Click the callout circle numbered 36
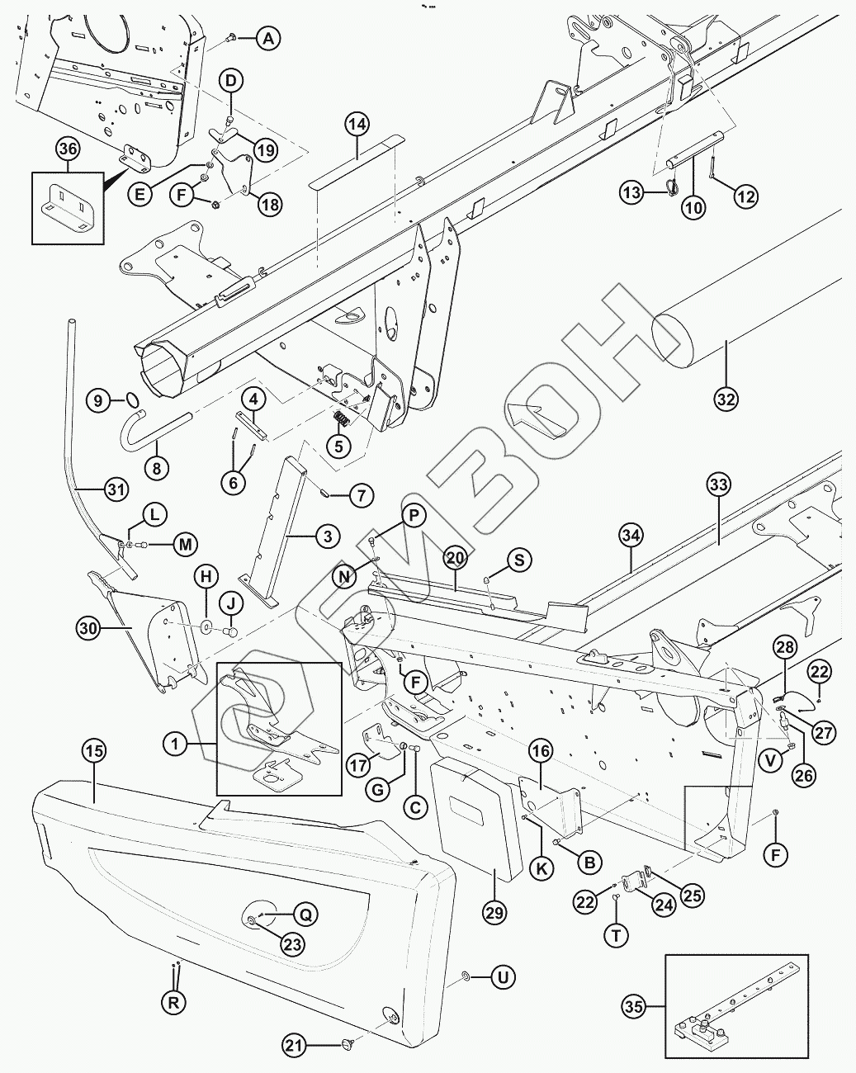69,149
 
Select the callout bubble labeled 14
356,125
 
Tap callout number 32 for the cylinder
726,398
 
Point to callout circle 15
94,751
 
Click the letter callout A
267,37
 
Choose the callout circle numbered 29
495,911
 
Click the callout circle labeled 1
175,744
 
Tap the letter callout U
502,977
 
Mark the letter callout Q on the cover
305,914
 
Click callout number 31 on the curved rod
116,489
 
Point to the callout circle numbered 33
718,484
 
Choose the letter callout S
519,560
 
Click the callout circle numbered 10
693,207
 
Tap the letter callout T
617,935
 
